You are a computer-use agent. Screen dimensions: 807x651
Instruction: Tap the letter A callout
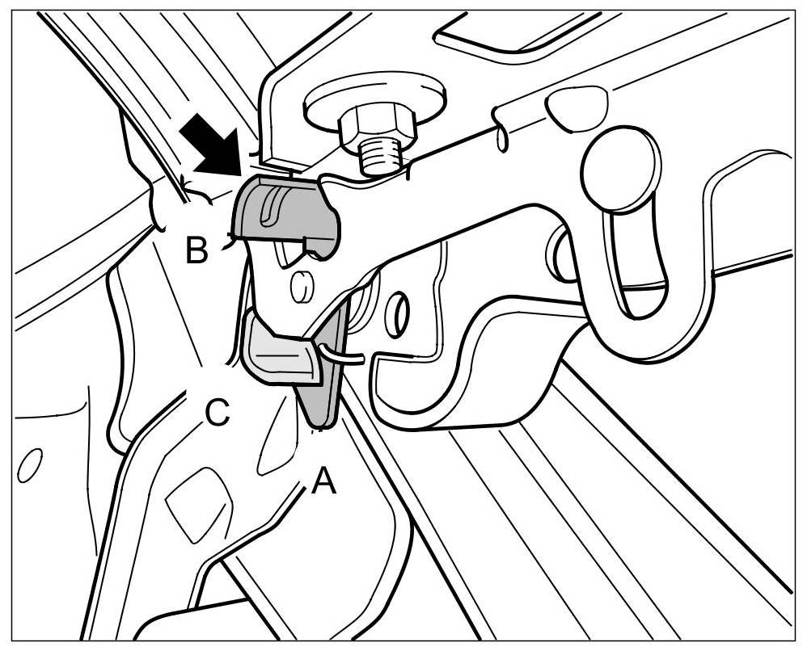pos(323,482)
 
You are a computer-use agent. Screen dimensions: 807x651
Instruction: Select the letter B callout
pos(196,251)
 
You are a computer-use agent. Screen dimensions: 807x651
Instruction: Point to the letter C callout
pos(217,414)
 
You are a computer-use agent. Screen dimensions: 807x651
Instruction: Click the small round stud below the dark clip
pos(301,285)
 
